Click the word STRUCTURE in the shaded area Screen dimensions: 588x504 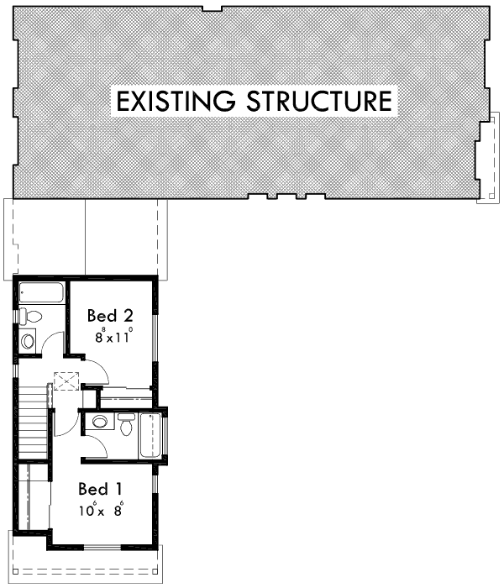[x=320, y=102]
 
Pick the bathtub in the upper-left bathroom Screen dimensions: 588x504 [x=40, y=294]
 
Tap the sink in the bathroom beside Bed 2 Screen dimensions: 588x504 [x=28, y=340]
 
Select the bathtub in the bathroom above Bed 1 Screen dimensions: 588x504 [x=151, y=435]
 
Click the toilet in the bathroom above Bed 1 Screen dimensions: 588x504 [x=125, y=425]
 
